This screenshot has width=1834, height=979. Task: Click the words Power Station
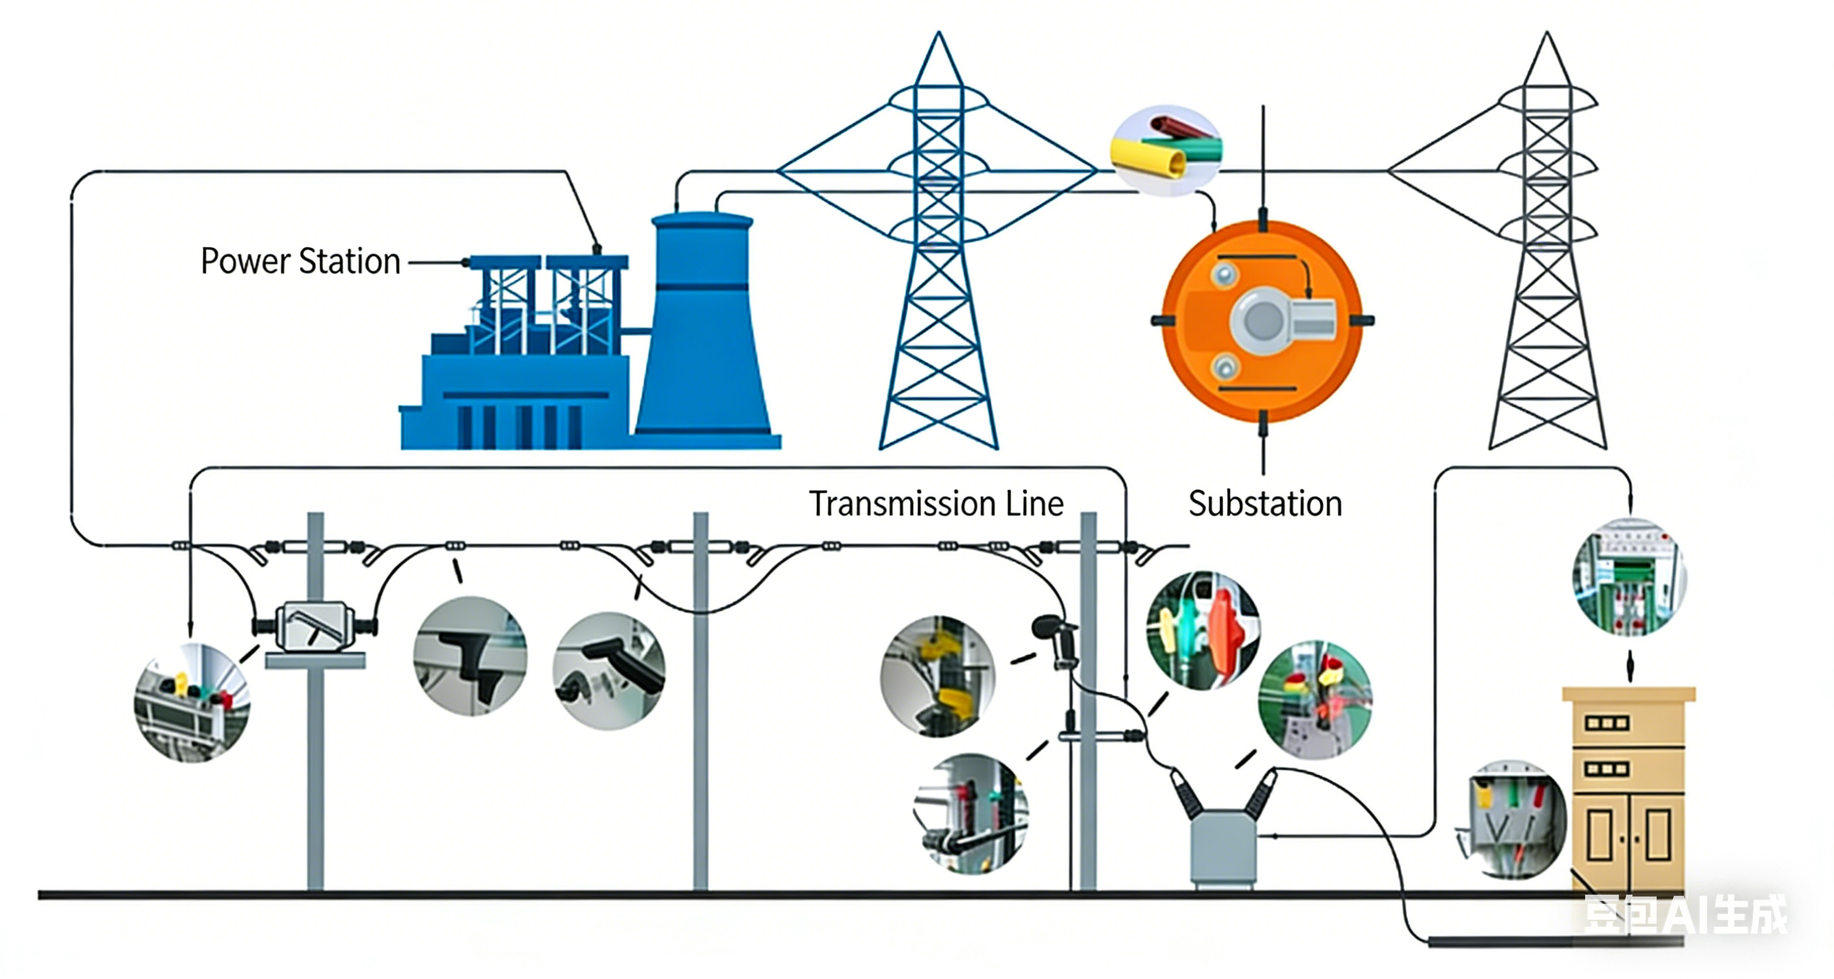300,261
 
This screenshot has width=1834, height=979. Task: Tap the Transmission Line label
935,504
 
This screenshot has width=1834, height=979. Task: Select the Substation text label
1265,504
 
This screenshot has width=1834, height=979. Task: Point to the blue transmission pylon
939,285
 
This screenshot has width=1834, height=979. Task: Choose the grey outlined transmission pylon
1547,285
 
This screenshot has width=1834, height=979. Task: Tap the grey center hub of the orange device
1263,320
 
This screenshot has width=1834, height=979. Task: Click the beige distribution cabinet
1628,791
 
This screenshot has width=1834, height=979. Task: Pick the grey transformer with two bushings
1223,847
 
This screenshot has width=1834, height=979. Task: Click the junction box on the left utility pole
315,626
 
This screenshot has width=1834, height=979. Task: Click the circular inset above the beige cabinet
1629,577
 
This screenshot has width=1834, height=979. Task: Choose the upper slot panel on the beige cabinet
1607,723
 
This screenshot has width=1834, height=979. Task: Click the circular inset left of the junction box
192,703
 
